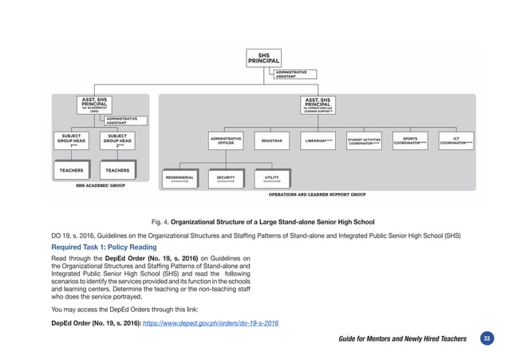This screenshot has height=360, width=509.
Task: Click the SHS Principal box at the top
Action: [x=263, y=57]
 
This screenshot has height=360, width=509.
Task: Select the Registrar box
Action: [x=272, y=141]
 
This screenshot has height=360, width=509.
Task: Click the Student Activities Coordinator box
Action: [x=364, y=141]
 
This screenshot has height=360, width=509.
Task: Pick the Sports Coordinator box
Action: [x=410, y=140]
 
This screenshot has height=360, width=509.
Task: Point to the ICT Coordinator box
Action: [x=456, y=140]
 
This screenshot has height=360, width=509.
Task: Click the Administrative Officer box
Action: [x=226, y=140]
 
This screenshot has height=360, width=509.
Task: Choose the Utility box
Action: [x=271, y=178]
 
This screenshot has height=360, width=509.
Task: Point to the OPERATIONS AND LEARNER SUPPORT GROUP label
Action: [x=317, y=194]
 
